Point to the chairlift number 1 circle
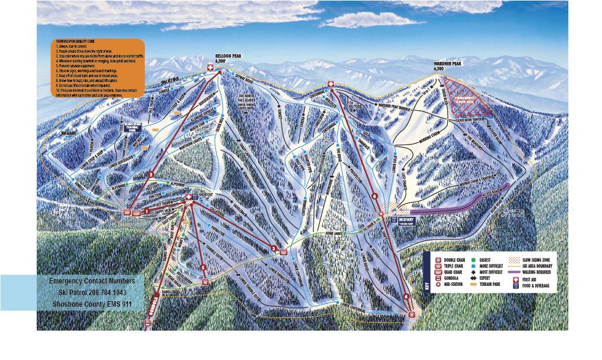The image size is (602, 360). click(147, 211)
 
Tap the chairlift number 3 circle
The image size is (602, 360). click(274, 247)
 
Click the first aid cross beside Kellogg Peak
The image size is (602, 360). click(211, 70)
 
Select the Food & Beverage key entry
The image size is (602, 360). click(537, 285)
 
